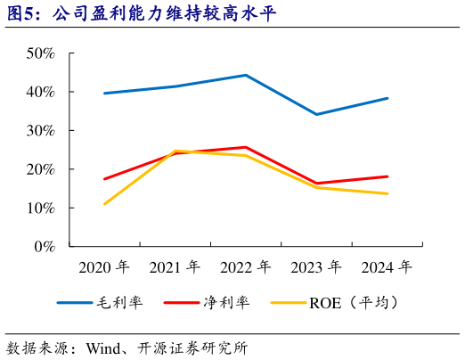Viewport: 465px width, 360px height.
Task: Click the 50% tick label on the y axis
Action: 40,53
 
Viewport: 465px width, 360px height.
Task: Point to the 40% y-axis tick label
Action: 40,92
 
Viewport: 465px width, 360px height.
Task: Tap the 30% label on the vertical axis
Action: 40,131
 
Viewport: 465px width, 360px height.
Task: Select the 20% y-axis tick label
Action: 40,169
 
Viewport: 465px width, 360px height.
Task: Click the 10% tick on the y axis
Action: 40,208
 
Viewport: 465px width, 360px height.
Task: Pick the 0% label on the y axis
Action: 45,247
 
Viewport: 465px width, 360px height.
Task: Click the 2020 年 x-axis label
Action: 104,267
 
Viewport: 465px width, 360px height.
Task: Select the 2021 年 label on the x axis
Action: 175,267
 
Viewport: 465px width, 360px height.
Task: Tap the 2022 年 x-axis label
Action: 246,267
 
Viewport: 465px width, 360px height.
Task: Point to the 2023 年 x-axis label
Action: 316,267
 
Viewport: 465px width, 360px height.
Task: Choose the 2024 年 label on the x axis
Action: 387,267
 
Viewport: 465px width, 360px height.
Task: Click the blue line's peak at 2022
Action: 246,75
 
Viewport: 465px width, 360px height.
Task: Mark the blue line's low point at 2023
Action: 316,114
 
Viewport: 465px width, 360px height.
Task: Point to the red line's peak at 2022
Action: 246,147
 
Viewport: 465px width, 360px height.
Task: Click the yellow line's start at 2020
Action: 104,204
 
